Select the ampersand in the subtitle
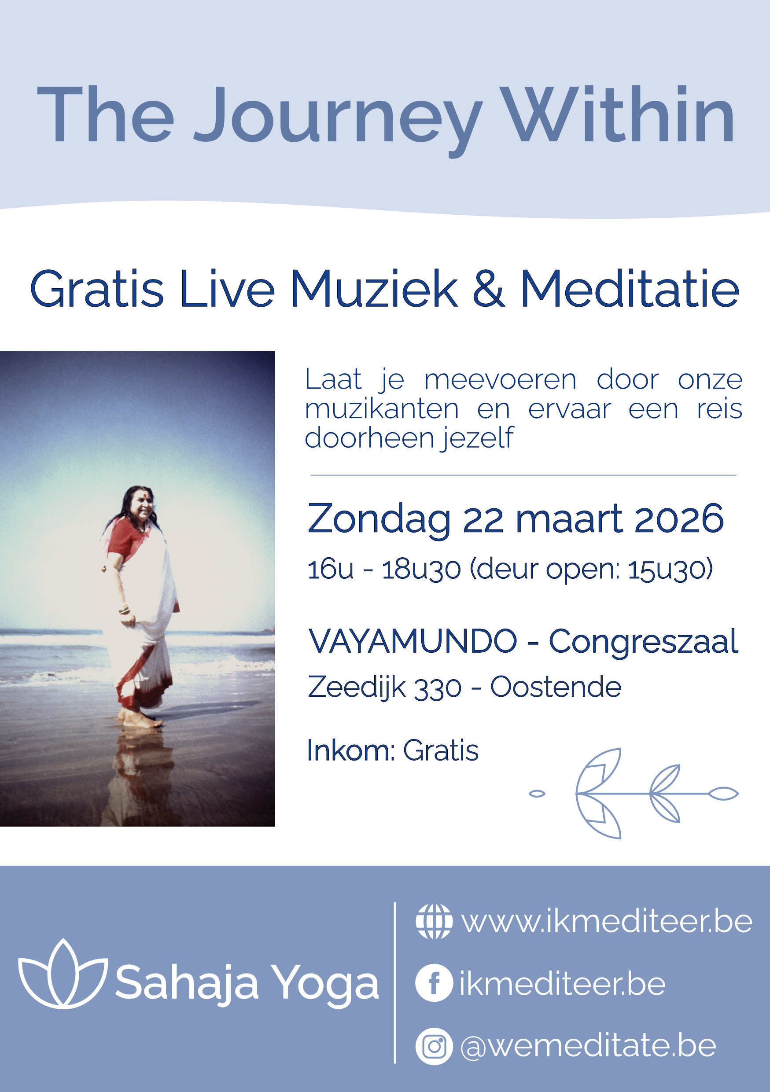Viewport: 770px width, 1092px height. pyautogui.click(x=488, y=289)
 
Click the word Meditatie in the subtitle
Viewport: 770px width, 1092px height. pyautogui.click(x=630, y=289)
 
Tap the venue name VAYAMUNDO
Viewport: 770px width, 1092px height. pyautogui.click(x=413, y=641)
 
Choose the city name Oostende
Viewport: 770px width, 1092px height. pyautogui.click(x=556, y=687)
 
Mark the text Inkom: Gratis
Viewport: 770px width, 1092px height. pyautogui.click(x=392, y=750)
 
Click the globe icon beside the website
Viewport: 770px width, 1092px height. pyautogui.click(x=434, y=922)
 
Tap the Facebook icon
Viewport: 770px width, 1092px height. pyautogui.click(x=434, y=984)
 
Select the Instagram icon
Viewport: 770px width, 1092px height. pyautogui.click(x=434, y=1046)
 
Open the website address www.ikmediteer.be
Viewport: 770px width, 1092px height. pyautogui.click(x=607, y=922)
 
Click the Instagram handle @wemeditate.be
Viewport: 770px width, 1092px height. pyautogui.click(x=588, y=1046)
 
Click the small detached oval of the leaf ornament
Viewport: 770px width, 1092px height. pyautogui.click(x=537, y=793)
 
